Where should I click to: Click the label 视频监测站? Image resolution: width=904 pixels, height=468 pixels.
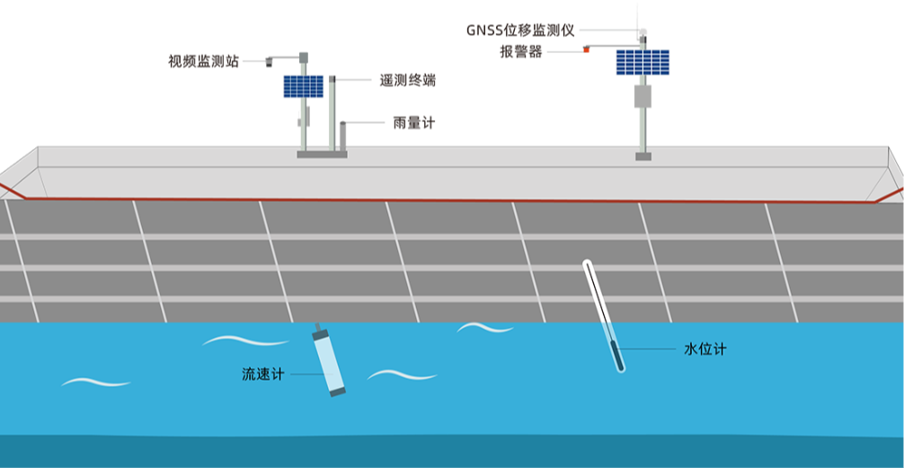(203, 62)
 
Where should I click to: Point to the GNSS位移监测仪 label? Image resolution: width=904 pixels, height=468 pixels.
(519, 31)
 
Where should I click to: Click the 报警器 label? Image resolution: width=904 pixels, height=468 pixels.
(521, 51)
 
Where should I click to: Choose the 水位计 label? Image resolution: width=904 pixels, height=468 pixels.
(705, 349)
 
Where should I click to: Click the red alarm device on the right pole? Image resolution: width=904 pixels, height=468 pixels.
(585, 49)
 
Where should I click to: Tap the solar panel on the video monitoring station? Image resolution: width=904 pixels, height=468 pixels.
(304, 86)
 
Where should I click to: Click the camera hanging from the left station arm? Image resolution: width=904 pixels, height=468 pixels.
(269, 63)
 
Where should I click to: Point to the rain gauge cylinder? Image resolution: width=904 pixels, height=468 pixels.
(342, 135)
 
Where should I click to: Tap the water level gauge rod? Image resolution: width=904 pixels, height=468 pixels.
(603, 314)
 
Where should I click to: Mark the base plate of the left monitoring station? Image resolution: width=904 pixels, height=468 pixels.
(322, 155)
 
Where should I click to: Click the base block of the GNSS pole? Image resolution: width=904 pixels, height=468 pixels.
(643, 156)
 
